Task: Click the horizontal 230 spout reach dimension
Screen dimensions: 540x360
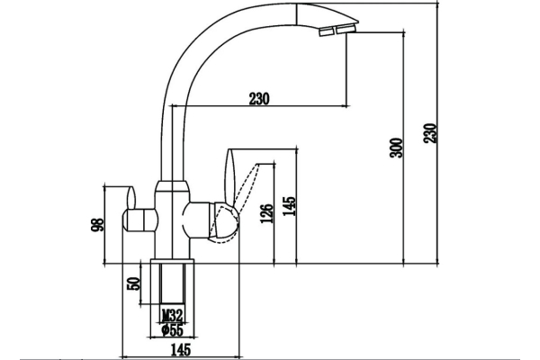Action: coord(259,99)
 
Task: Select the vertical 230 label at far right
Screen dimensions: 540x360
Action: coord(430,133)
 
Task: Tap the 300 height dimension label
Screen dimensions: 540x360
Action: coord(396,148)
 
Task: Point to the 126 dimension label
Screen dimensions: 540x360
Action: coord(267,213)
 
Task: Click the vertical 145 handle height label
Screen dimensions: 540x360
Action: coord(289,206)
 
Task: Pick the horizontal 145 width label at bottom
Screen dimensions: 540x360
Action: coord(181,350)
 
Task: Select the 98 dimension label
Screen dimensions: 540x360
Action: coord(97,225)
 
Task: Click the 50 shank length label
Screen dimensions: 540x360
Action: coord(134,283)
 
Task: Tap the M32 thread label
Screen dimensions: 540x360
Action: coord(172,315)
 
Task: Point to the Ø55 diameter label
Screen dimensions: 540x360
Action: coord(172,330)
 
